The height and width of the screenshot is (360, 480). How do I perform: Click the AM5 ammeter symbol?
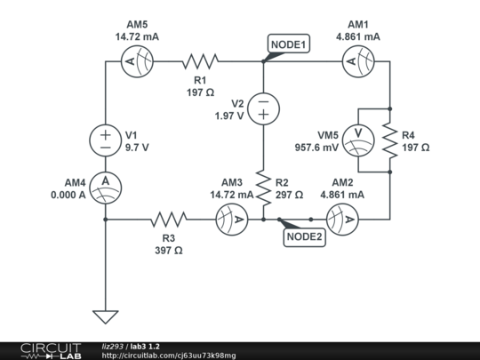(140, 61)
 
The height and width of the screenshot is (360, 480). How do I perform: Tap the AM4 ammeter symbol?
(105, 184)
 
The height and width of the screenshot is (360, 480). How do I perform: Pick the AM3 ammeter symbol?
(230, 218)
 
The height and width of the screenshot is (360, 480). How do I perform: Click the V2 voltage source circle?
(264, 108)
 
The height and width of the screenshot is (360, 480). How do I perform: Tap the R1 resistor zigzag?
(200, 61)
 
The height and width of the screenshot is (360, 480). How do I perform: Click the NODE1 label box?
(289, 44)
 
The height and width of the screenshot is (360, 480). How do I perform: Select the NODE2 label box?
(306, 236)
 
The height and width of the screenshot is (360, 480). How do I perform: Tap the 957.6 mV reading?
(316, 147)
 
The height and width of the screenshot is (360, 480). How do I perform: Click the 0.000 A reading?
(68, 195)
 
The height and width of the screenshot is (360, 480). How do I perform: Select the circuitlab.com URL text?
(169, 356)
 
